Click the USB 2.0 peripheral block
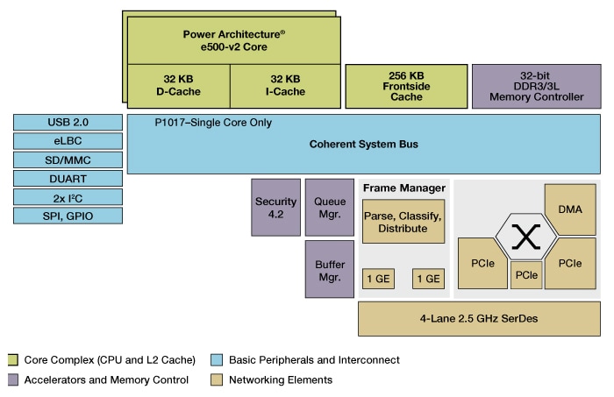(x=68, y=122)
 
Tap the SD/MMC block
(x=68, y=160)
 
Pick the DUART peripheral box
(x=68, y=178)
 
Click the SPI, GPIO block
(x=68, y=216)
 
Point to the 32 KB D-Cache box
(x=178, y=85)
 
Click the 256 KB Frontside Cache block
(x=405, y=85)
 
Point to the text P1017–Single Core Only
(x=213, y=123)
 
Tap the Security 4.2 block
(x=275, y=207)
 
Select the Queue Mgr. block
(x=329, y=207)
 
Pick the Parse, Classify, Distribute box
(x=403, y=222)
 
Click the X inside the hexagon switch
(x=526, y=236)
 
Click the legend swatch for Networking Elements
(x=217, y=379)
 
